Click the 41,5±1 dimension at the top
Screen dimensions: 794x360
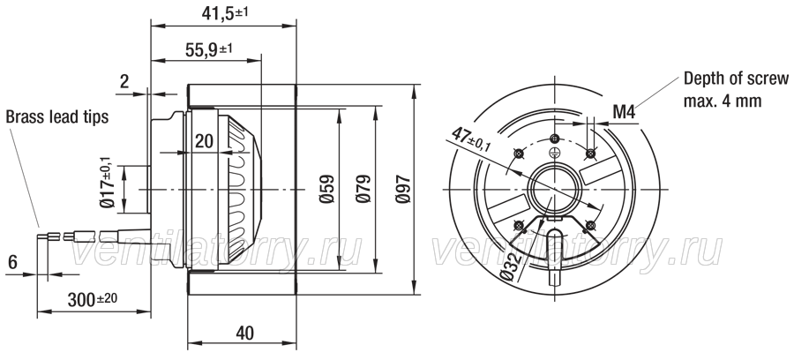coord(225,13)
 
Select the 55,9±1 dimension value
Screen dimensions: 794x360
coord(208,49)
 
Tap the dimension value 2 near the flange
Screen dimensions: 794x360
coord(124,81)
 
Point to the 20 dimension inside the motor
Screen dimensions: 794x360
coord(204,141)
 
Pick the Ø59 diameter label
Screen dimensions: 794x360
coord(327,189)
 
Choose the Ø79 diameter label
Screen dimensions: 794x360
coord(363,189)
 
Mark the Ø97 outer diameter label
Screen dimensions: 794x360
coord(403,189)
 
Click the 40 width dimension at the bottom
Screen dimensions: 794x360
coord(245,334)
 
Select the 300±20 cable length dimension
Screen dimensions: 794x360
coord(92,300)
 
